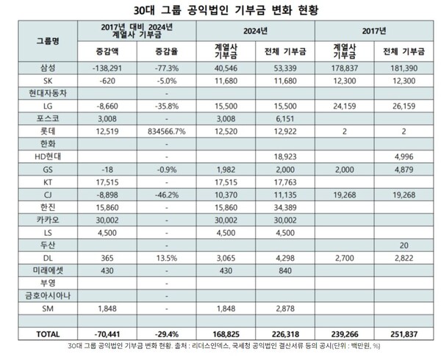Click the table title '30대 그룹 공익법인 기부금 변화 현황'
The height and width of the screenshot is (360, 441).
220,11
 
